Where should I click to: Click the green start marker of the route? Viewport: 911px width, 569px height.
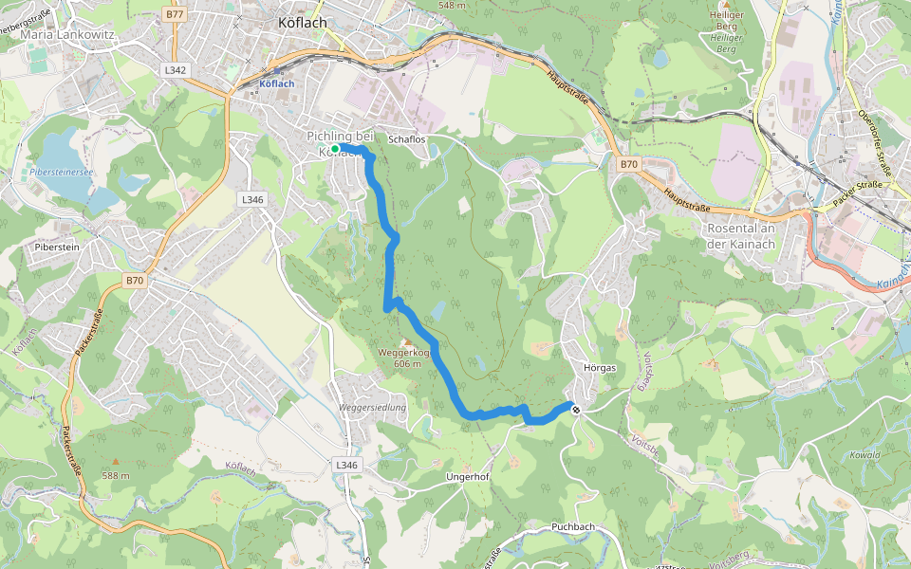point(335,148)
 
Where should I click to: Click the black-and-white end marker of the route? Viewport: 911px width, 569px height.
point(575,410)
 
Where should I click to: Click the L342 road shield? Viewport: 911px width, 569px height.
point(176,70)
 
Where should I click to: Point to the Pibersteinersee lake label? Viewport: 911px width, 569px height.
point(61,173)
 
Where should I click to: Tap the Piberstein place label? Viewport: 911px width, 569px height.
point(54,246)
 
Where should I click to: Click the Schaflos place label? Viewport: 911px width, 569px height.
point(408,139)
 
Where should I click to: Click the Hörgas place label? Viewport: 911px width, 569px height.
point(601,367)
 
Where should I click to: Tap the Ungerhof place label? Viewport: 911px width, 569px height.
point(467,477)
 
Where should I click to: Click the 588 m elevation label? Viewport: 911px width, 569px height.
point(116,475)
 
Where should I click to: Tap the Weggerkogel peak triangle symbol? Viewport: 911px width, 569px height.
point(406,342)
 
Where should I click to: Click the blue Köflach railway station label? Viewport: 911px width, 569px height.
point(277,83)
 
